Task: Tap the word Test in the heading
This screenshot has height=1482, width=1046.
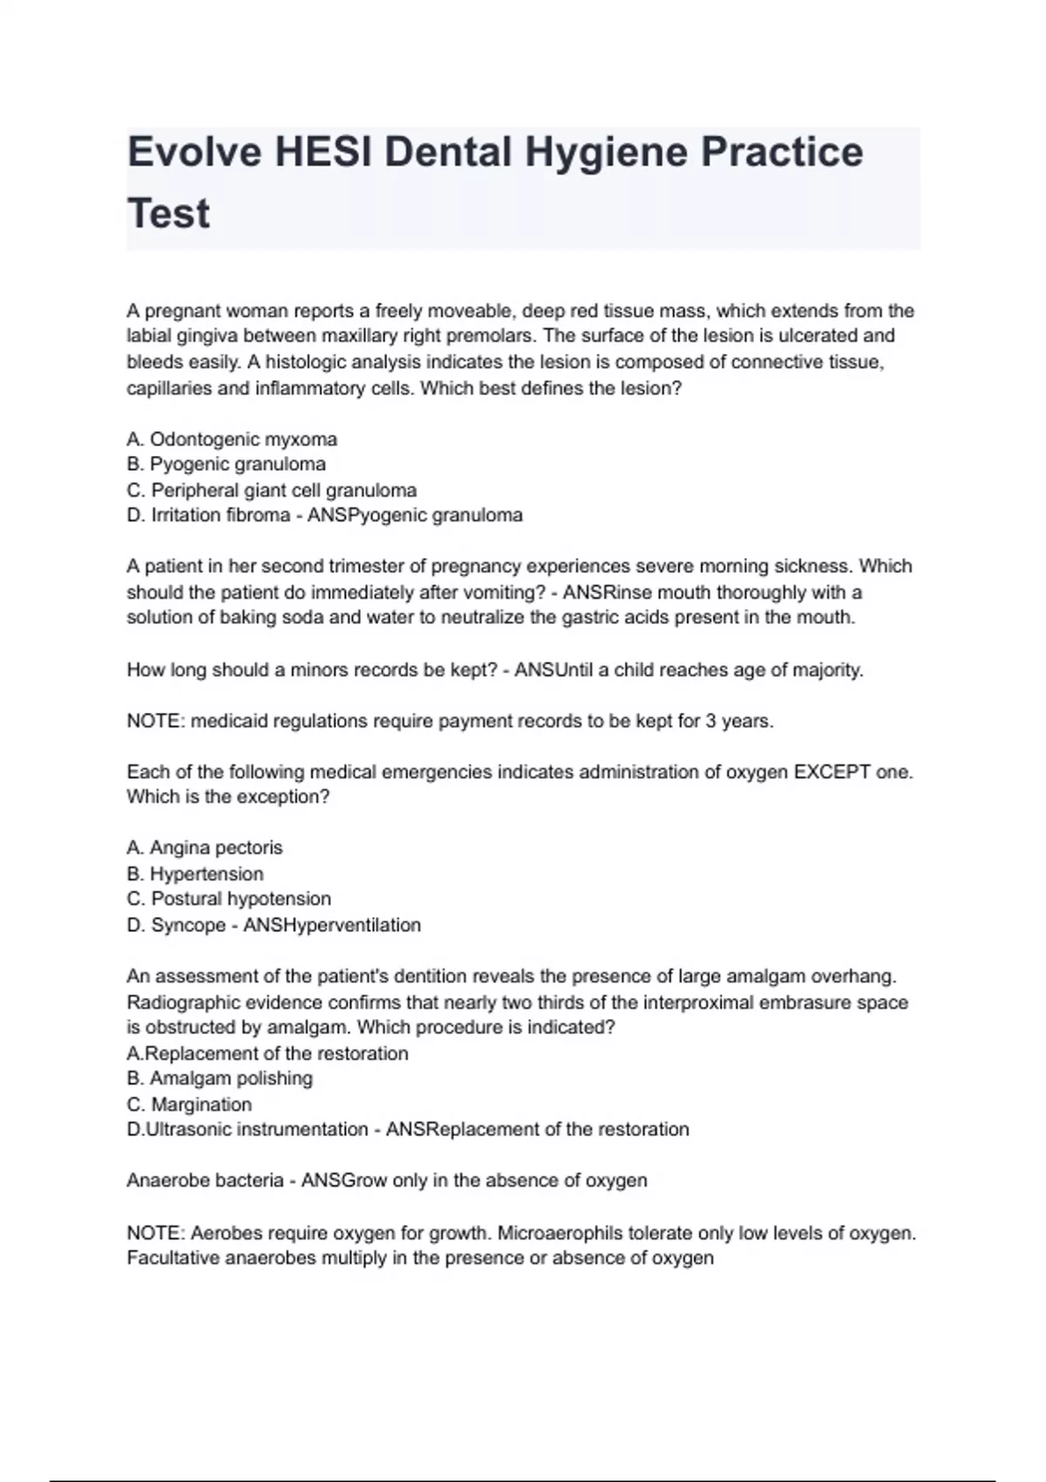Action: (168, 214)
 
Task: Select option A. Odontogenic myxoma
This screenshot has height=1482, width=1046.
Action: (232, 439)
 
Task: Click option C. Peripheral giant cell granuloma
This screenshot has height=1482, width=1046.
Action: (272, 490)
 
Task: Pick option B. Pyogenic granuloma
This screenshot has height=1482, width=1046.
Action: (227, 465)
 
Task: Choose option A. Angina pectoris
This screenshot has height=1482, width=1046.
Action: (205, 848)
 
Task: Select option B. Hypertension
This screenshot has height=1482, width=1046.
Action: (195, 874)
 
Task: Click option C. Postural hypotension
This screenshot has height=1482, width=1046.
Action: (229, 899)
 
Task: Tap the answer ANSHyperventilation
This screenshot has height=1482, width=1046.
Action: (331, 925)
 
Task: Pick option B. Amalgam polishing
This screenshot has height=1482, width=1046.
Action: (220, 1078)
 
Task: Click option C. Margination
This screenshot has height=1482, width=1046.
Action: (190, 1105)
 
